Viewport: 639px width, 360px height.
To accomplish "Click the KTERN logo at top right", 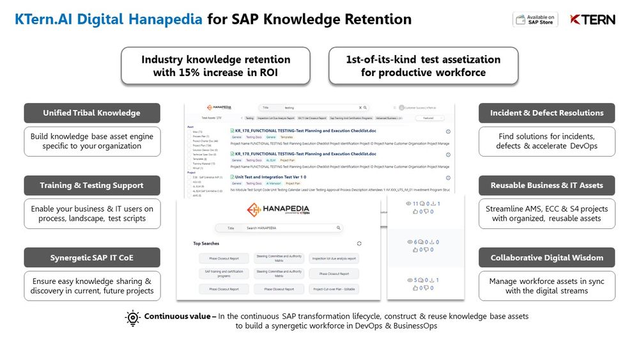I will tap(592, 20).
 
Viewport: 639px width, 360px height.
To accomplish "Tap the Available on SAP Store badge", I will tap(535, 20).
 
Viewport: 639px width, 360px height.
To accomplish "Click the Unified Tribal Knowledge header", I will tap(91, 113).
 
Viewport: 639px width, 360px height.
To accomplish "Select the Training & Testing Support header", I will tap(91, 185).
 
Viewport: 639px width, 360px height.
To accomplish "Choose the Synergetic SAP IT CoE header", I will tap(91, 258).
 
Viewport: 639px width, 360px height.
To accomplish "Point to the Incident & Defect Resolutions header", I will tap(546, 113).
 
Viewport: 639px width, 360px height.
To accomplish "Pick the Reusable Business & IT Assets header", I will tap(546, 185).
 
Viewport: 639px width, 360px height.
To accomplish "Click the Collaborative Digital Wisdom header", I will tap(546, 258).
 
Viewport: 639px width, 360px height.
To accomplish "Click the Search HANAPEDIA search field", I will tap(284, 228).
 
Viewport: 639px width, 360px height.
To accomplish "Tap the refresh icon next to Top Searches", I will tap(359, 244).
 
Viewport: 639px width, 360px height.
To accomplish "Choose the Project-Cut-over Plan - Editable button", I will tap(334, 289).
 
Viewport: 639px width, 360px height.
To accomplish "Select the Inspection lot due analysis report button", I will tap(334, 258).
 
